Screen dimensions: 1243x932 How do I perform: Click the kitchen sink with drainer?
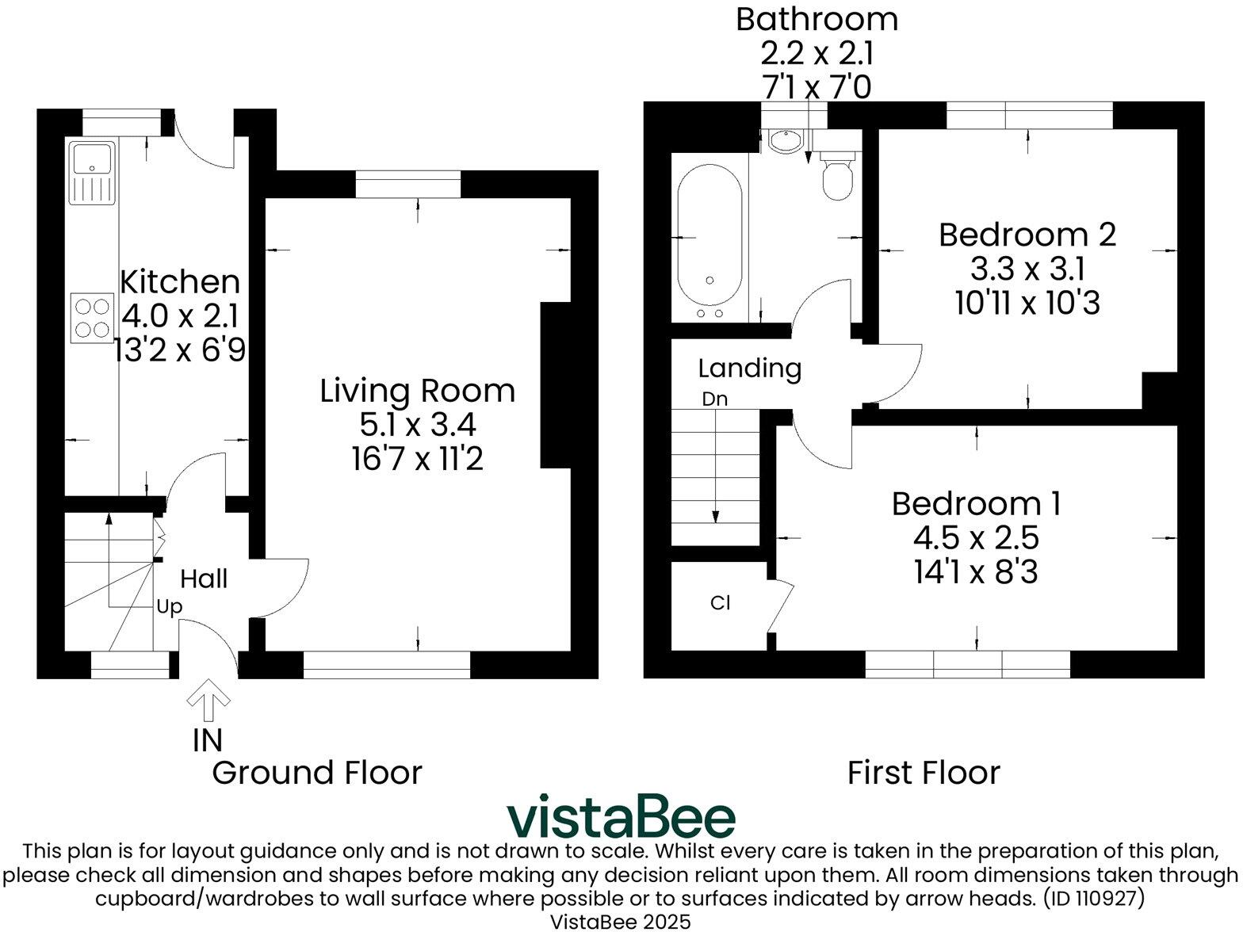click(x=92, y=173)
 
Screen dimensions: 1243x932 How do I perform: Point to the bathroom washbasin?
click(x=786, y=140)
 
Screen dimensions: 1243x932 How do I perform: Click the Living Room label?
click(x=417, y=391)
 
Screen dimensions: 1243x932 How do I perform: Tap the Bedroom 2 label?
click(x=1027, y=235)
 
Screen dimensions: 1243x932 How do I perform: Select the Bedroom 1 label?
click(x=977, y=503)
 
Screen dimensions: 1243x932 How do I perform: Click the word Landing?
click(x=750, y=369)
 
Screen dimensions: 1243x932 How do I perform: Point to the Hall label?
click(x=204, y=579)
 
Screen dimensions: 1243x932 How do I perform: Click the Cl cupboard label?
click(x=721, y=602)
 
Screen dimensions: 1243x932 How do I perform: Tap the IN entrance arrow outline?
click(x=208, y=699)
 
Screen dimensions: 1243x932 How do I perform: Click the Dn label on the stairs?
click(x=715, y=399)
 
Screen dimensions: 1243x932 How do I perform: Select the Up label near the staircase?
click(x=170, y=607)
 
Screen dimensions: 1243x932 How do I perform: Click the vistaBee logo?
click(x=621, y=816)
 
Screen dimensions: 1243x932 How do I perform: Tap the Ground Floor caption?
click(x=317, y=773)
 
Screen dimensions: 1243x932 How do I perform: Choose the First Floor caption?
click(x=924, y=773)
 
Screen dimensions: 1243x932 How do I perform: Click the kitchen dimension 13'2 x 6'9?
click(x=179, y=349)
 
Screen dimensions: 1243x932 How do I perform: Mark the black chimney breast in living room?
click(x=556, y=385)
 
